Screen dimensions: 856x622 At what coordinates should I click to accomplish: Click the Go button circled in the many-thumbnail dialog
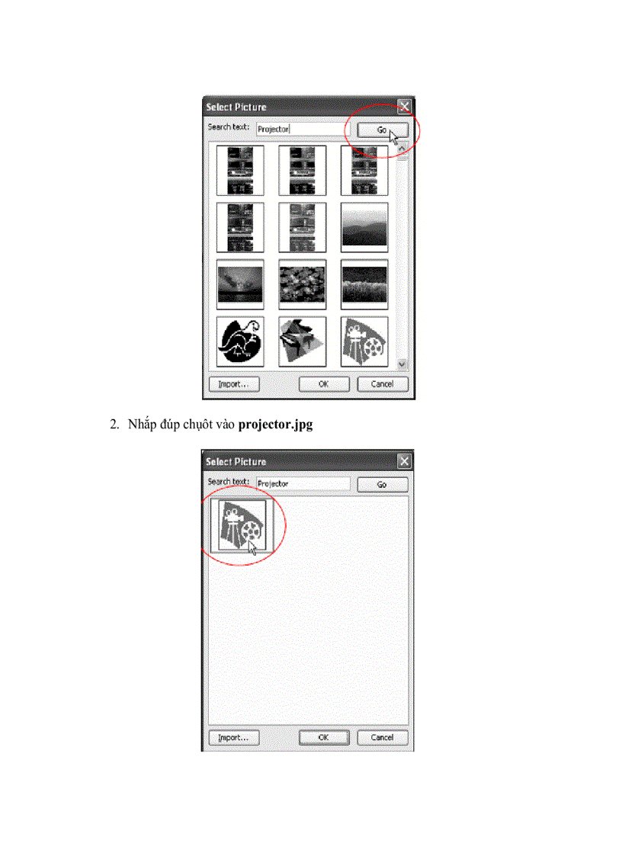point(382,130)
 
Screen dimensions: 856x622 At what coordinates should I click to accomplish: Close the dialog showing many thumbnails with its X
point(405,107)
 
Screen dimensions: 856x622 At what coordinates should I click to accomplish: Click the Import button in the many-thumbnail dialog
point(233,384)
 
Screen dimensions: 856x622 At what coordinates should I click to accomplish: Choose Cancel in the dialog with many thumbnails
point(382,384)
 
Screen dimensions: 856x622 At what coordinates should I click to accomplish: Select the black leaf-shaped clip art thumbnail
point(240,341)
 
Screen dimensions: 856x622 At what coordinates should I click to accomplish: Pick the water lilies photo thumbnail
point(303,284)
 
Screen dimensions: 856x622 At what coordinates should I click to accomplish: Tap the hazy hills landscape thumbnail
point(364,227)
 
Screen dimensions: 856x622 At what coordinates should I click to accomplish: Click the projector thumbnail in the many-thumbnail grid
point(364,341)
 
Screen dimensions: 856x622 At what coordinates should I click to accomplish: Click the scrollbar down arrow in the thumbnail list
point(403,364)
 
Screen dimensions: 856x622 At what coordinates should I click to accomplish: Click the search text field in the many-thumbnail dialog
point(301,130)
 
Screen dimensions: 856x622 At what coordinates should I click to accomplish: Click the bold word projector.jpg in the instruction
point(275,425)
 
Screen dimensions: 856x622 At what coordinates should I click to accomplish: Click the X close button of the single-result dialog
point(405,461)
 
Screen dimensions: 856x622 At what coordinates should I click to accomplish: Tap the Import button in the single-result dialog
point(233,738)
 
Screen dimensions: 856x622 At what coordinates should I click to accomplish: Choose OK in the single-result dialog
point(323,738)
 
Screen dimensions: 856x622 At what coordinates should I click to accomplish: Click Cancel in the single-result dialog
point(382,738)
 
